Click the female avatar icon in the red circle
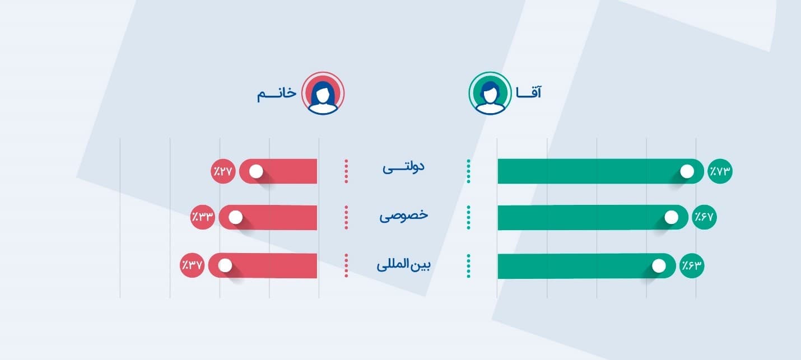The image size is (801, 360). tap(323, 93)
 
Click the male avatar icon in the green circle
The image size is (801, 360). tap(490, 93)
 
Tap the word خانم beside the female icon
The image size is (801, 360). tap(277, 93)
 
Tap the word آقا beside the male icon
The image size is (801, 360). tap(529, 92)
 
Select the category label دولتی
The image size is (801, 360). tap(403, 167)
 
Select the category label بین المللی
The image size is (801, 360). tap(403, 265)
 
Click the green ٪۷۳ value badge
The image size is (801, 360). tap(720, 171)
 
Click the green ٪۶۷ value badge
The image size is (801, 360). tap(704, 217)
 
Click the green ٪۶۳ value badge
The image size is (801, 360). tap(692, 265)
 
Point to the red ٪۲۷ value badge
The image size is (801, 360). tap(223, 171)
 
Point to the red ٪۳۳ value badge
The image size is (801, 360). tap(202, 217)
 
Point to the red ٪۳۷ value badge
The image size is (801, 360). tap(192, 265)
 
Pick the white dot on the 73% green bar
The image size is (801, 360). tap(687, 171)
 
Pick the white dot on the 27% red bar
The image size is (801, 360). tap(256, 171)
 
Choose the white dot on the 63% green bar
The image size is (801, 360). tap(659, 266)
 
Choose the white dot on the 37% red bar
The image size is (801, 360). tap(225, 265)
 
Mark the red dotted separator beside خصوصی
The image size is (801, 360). tap(346, 217)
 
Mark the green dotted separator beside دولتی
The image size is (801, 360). tap(468, 171)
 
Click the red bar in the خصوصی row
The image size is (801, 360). tap(268, 217)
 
